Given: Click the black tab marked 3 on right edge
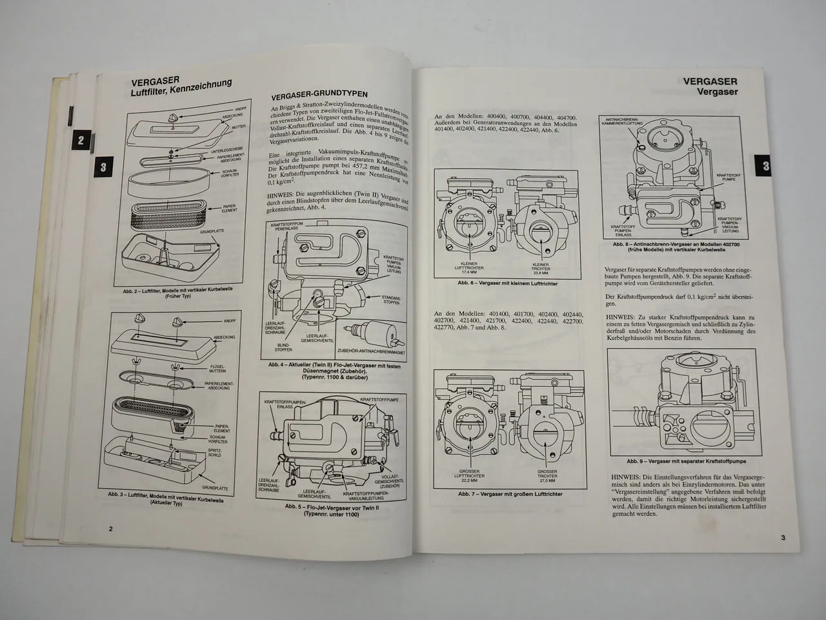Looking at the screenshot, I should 765,166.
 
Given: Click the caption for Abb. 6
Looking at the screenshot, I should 507,284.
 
